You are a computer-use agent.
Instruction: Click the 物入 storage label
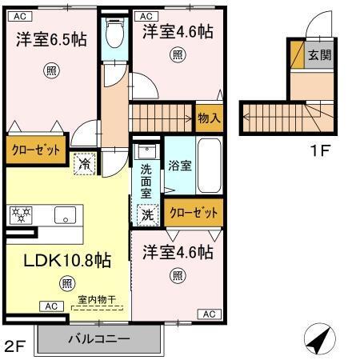click(209, 118)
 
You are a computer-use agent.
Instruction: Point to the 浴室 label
click(179, 166)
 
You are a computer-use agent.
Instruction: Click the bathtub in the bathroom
click(210, 166)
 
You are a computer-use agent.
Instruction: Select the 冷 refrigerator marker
click(85, 163)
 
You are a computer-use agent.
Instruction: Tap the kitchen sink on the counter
click(65, 214)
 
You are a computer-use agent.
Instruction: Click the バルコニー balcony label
click(98, 339)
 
